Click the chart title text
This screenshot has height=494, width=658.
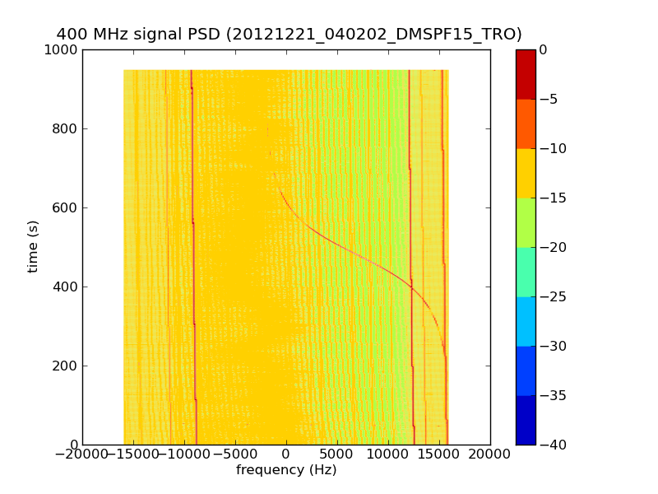click(x=289, y=35)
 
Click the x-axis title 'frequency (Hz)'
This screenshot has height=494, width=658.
click(x=286, y=470)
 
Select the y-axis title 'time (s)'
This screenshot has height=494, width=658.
click(x=34, y=246)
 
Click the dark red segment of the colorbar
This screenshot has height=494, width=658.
click(x=525, y=74)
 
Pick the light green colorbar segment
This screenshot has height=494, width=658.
click(x=525, y=222)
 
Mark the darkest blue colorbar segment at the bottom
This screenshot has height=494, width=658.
click(x=525, y=420)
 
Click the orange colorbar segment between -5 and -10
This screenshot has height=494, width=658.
click(x=525, y=123)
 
